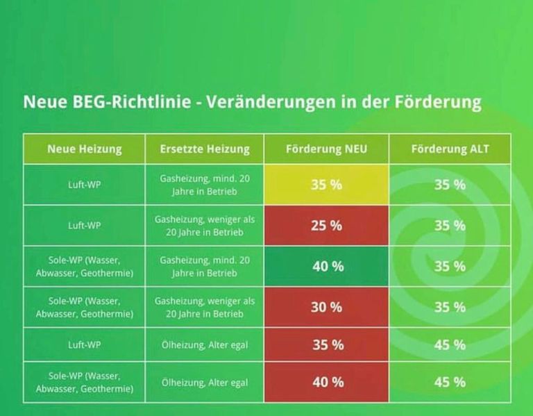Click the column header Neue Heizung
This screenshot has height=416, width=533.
pyautogui.click(x=84, y=149)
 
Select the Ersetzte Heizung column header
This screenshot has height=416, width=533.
pyautogui.click(x=205, y=149)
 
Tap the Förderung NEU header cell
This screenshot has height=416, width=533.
pyautogui.click(x=326, y=149)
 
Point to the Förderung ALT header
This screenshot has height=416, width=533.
pyautogui.click(x=450, y=149)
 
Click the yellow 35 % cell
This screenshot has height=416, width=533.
pyautogui.click(x=326, y=185)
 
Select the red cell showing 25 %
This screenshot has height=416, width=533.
pyautogui.click(x=326, y=226)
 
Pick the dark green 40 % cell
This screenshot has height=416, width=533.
pyautogui.click(x=326, y=266)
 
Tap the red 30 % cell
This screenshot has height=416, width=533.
pyautogui.click(x=326, y=307)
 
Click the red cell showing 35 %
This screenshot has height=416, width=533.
pyautogui.click(x=326, y=344)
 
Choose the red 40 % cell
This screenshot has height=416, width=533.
pyautogui.click(x=326, y=383)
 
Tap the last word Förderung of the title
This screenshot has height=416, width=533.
pyautogui.click(x=438, y=101)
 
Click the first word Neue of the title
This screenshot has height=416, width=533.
pyautogui.click(x=45, y=101)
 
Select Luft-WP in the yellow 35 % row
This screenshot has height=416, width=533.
pyautogui.click(x=84, y=185)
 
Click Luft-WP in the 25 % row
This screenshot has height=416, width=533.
pyautogui.click(x=84, y=226)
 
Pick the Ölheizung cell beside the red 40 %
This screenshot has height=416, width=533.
pyautogui.click(x=205, y=383)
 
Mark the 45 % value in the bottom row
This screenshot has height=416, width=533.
pyautogui.click(x=450, y=383)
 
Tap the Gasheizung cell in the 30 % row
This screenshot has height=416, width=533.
pyautogui.click(x=205, y=307)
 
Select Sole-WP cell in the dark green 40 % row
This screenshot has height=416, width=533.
pyautogui.click(x=84, y=266)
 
